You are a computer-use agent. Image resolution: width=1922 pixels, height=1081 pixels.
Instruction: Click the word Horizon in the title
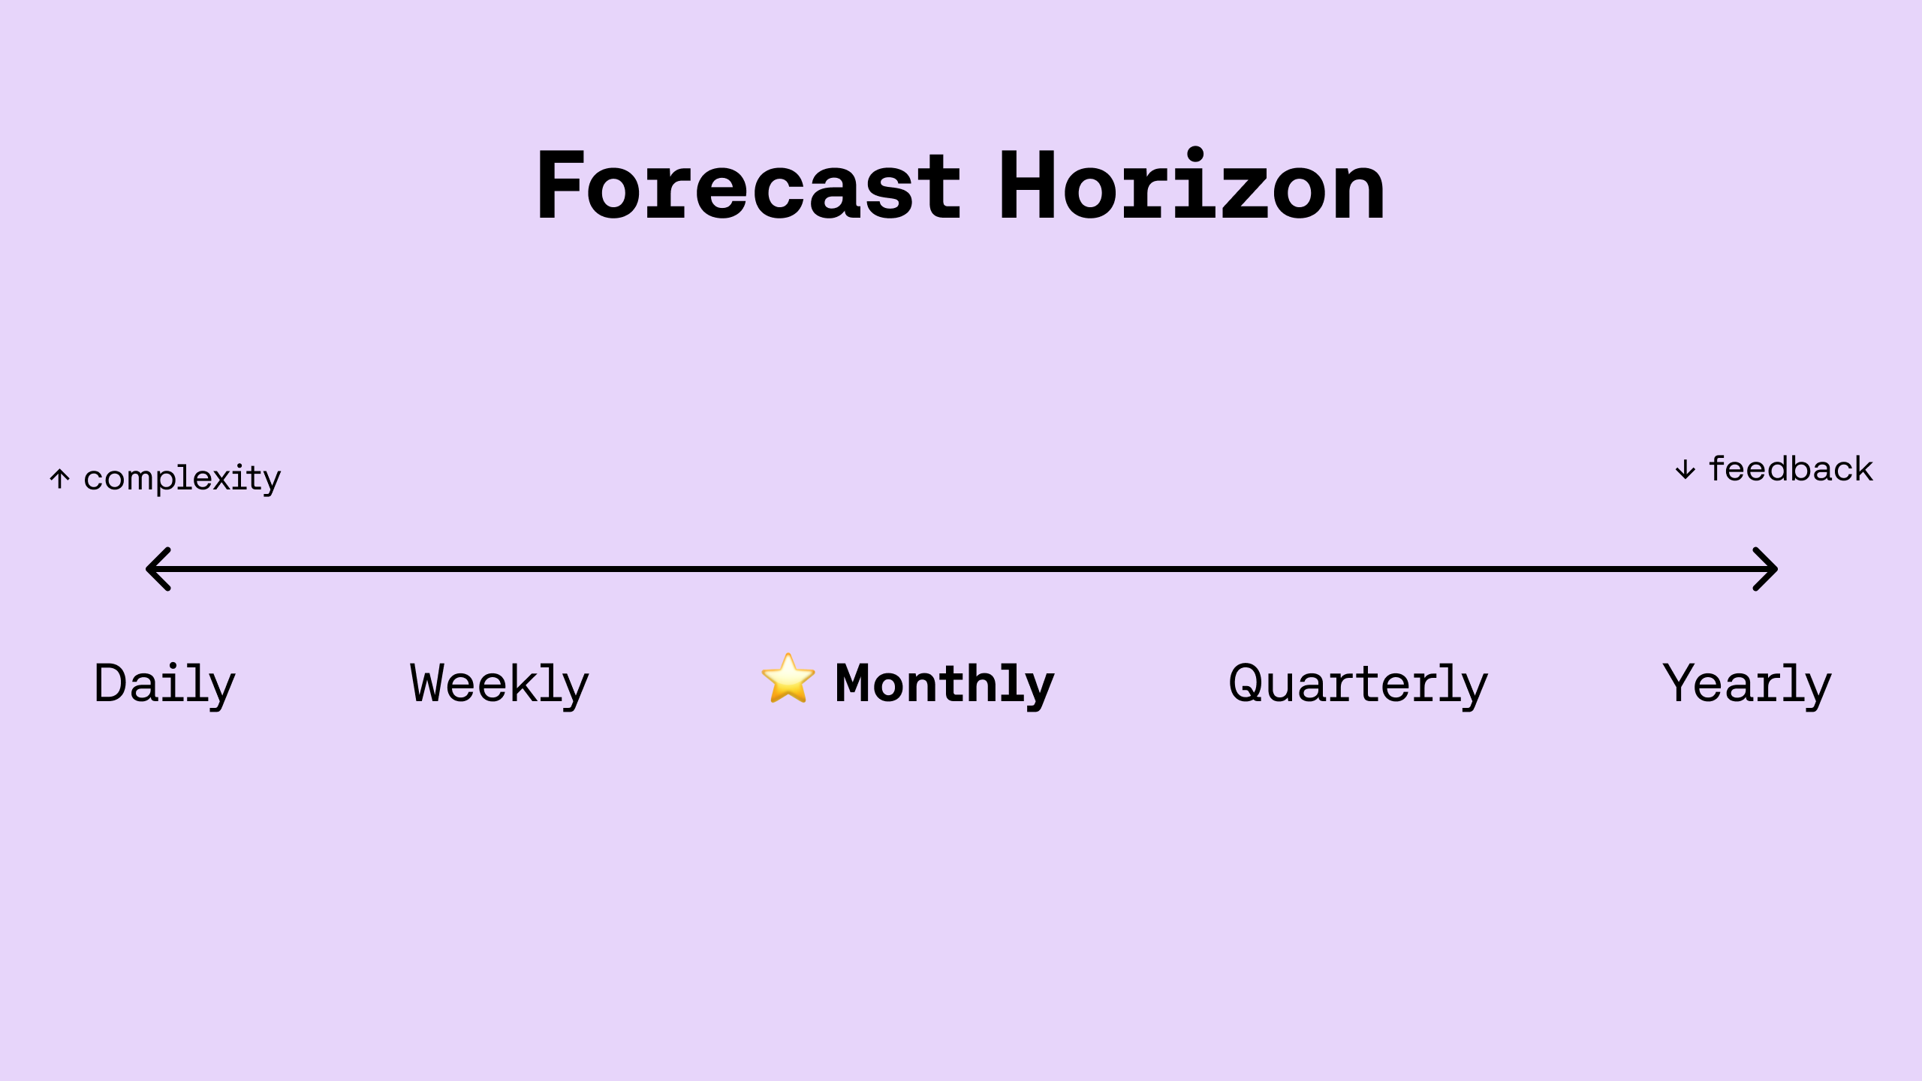[1191, 185]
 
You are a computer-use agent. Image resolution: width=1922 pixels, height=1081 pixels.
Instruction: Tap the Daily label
[164, 684]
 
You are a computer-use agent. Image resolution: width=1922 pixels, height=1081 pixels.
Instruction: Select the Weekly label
[499, 684]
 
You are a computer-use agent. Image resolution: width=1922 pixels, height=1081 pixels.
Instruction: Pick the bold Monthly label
[944, 684]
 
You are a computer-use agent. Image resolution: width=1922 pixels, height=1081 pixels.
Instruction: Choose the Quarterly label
[1357, 684]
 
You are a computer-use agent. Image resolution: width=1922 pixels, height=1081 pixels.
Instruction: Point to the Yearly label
[1747, 684]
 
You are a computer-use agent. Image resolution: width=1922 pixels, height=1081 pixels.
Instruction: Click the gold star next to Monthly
[788, 679]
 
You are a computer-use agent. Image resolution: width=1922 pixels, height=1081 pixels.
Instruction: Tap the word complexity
[182, 478]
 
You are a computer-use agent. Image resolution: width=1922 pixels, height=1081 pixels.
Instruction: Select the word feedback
[1791, 469]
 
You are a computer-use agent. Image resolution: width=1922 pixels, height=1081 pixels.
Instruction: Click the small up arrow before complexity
[60, 478]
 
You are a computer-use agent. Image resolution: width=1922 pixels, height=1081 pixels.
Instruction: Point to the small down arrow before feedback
[1686, 470]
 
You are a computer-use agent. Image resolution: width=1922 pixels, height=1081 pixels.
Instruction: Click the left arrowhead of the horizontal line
[158, 569]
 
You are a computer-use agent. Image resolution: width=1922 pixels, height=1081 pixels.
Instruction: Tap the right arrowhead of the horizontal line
[1766, 569]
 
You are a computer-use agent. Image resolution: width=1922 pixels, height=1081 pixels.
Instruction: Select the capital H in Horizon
[1026, 185]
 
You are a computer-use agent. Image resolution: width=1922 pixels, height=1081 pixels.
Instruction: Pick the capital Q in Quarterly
[1249, 684]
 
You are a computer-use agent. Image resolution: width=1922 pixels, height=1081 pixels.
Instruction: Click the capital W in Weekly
[430, 683]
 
